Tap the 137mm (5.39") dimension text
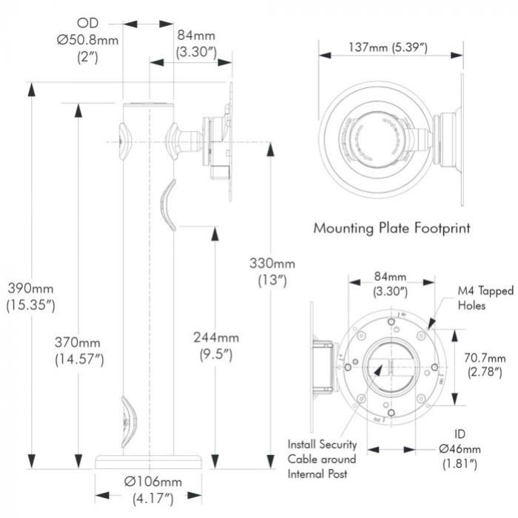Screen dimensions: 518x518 point(391,49)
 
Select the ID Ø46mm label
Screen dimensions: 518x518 point(460,448)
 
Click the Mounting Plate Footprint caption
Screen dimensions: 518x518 point(391,227)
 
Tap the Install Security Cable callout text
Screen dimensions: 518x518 point(323,458)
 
